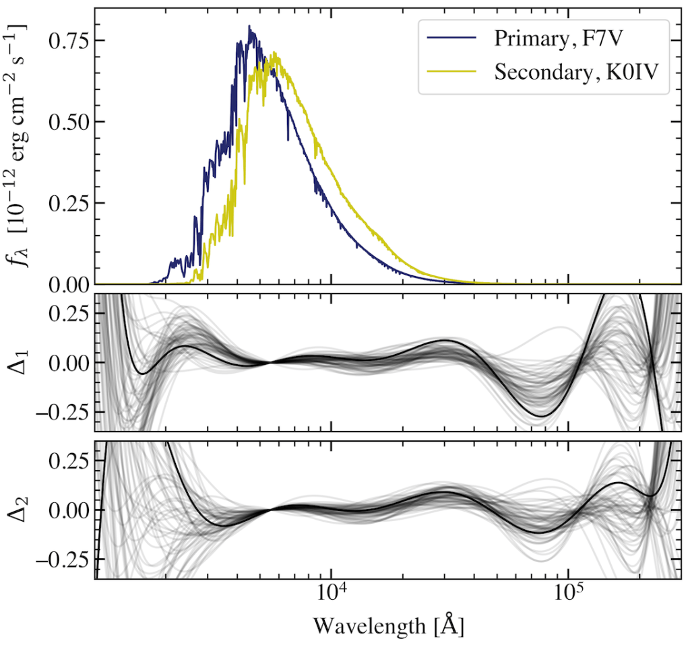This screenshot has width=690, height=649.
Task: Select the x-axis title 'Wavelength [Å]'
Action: click(388, 626)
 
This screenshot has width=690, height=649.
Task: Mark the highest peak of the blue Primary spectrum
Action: click(249, 27)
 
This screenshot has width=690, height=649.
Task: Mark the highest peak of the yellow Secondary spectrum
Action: click(274, 54)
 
